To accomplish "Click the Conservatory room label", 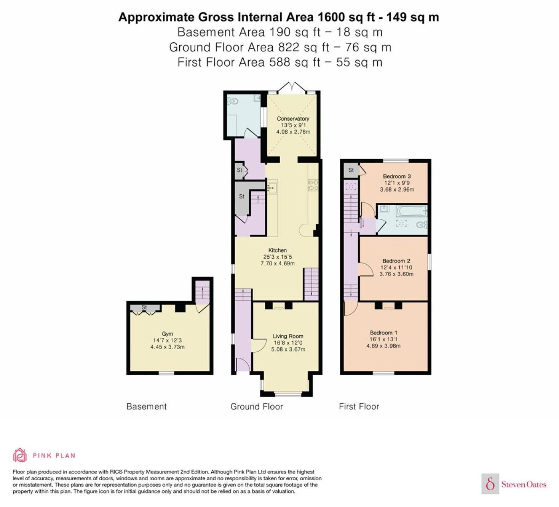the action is point(293,119).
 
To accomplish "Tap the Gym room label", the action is point(167,334).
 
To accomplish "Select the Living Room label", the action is point(288,336).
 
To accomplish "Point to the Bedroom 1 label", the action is point(383,333).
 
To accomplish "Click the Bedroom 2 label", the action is point(396,261).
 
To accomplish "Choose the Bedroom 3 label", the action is point(397,176).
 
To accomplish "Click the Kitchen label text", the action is point(277,250).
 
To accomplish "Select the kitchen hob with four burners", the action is point(313,185).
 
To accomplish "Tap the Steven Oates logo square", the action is point(490,483).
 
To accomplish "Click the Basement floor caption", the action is point(146,406).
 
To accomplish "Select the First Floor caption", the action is point(359,406).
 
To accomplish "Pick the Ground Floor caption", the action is point(256,406).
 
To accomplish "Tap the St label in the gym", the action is point(144,307).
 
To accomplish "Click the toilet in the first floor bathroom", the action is point(422,224).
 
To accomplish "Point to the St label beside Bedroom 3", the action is point(351,170).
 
